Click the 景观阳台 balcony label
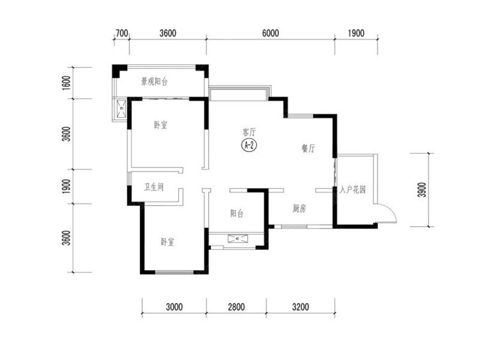(x=154, y=82)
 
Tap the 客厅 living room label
(x=249, y=132)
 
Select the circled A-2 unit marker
(x=249, y=145)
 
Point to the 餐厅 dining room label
(x=308, y=148)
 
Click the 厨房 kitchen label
(x=299, y=208)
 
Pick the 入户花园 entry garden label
(x=352, y=190)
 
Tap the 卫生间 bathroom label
(x=154, y=187)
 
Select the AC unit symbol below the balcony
(x=237, y=238)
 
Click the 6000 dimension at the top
(x=271, y=33)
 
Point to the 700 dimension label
(x=122, y=33)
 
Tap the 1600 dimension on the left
(x=66, y=83)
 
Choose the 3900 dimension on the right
(x=422, y=190)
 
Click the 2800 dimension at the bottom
(x=236, y=307)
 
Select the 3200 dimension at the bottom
(x=301, y=307)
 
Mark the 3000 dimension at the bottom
(x=174, y=307)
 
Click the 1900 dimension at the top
(x=356, y=33)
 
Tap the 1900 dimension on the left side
(x=66, y=186)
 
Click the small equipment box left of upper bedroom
(x=122, y=109)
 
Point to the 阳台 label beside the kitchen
(x=236, y=213)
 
